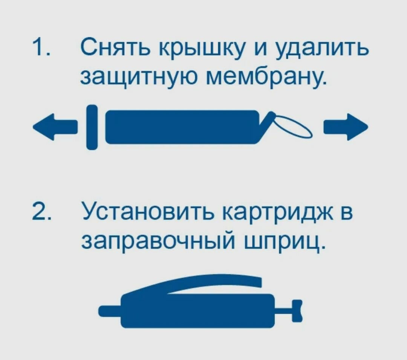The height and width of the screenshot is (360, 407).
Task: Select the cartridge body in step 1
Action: click(181, 127)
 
